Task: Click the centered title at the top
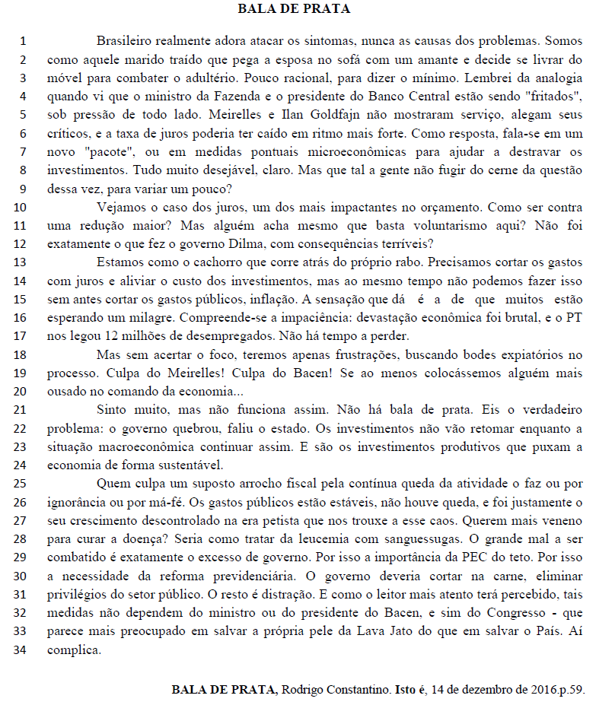[307, 9]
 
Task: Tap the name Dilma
[246, 243]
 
